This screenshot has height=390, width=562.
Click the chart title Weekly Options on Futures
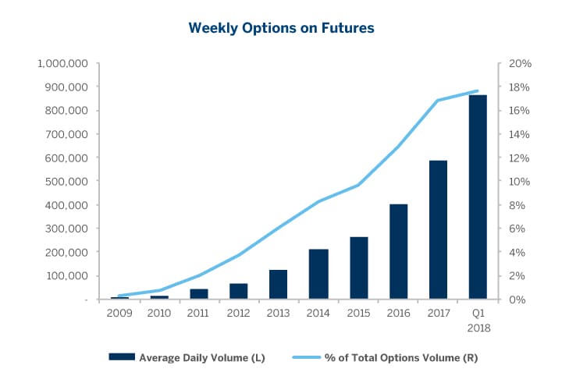point(281,28)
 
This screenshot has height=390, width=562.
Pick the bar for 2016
point(397,252)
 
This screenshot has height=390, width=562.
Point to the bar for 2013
point(279,285)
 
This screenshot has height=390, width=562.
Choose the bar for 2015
point(357,268)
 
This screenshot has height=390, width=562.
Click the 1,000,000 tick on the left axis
point(65,63)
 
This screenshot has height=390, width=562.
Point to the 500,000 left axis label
point(69,182)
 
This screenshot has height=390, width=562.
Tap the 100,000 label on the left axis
point(69,276)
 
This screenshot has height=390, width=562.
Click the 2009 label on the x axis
point(119,314)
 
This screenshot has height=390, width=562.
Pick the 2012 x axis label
point(238,314)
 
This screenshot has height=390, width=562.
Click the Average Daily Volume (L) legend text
point(202,358)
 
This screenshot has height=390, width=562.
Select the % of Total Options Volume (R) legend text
point(401,358)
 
